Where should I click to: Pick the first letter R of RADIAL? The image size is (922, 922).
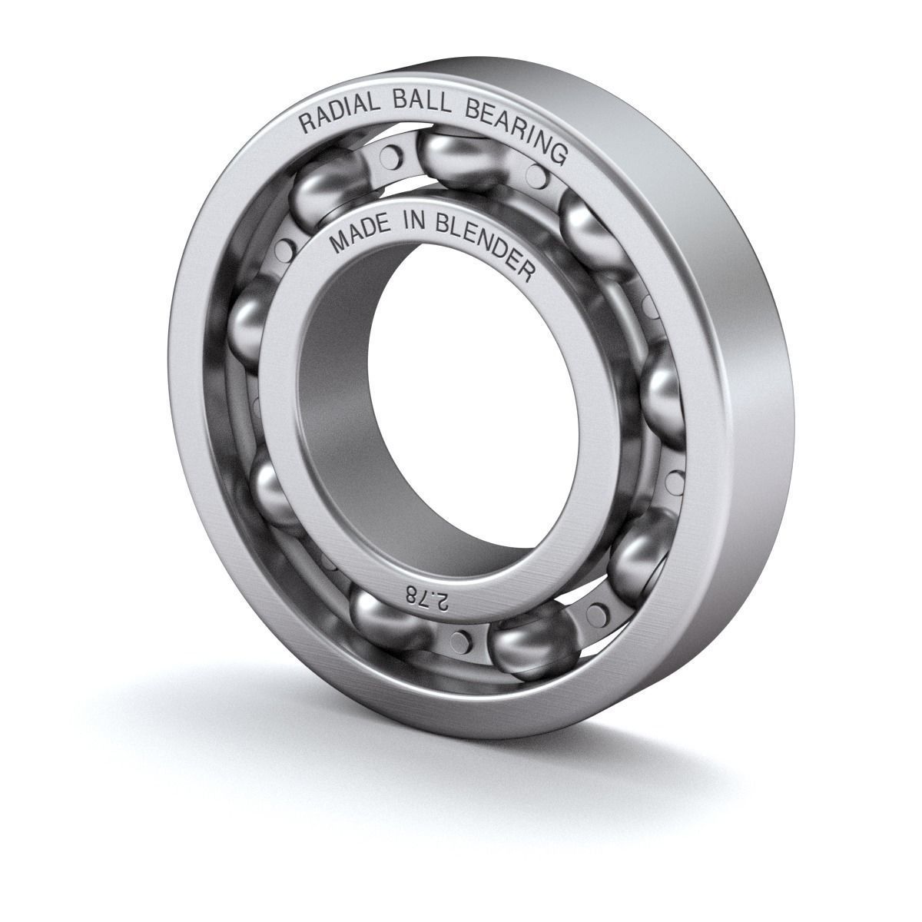click(305, 123)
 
